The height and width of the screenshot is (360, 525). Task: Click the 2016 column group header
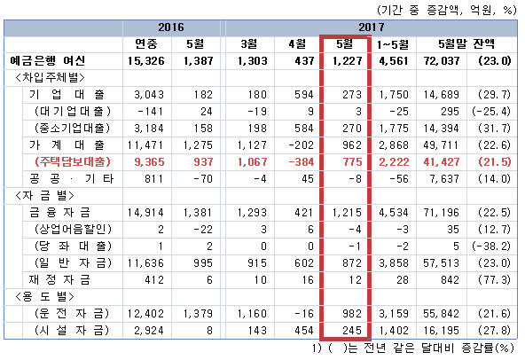coord(171,27)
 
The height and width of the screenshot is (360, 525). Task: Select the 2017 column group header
coord(372,27)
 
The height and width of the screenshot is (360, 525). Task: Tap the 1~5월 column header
coord(393,44)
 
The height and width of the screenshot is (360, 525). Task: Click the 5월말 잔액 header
coord(466,43)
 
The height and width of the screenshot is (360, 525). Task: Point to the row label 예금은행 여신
coord(48,61)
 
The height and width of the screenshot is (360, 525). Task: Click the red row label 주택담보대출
coord(73,162)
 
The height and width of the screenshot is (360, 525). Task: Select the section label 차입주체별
coord(50,78)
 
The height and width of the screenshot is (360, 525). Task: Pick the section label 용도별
coord(44,297)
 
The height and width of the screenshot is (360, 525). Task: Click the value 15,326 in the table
coord(146,61)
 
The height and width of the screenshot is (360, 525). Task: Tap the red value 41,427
coord(442,162)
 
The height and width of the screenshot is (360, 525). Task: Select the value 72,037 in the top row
coord(442,61)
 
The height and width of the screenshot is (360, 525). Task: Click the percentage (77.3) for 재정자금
coord(495,280)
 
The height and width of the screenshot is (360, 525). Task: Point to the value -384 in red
coord(302,162)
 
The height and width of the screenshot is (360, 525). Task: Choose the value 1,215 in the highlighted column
coord(347,213)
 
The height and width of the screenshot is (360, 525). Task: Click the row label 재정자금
coord(59,280)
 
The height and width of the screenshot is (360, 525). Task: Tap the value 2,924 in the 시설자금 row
coord(149,331)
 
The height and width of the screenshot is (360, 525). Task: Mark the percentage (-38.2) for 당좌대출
coord(491,247)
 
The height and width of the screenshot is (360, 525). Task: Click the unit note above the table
coord(447,10)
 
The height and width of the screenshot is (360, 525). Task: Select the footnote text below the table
coord(413,348)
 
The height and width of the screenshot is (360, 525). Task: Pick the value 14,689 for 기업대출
coord(442,95)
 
